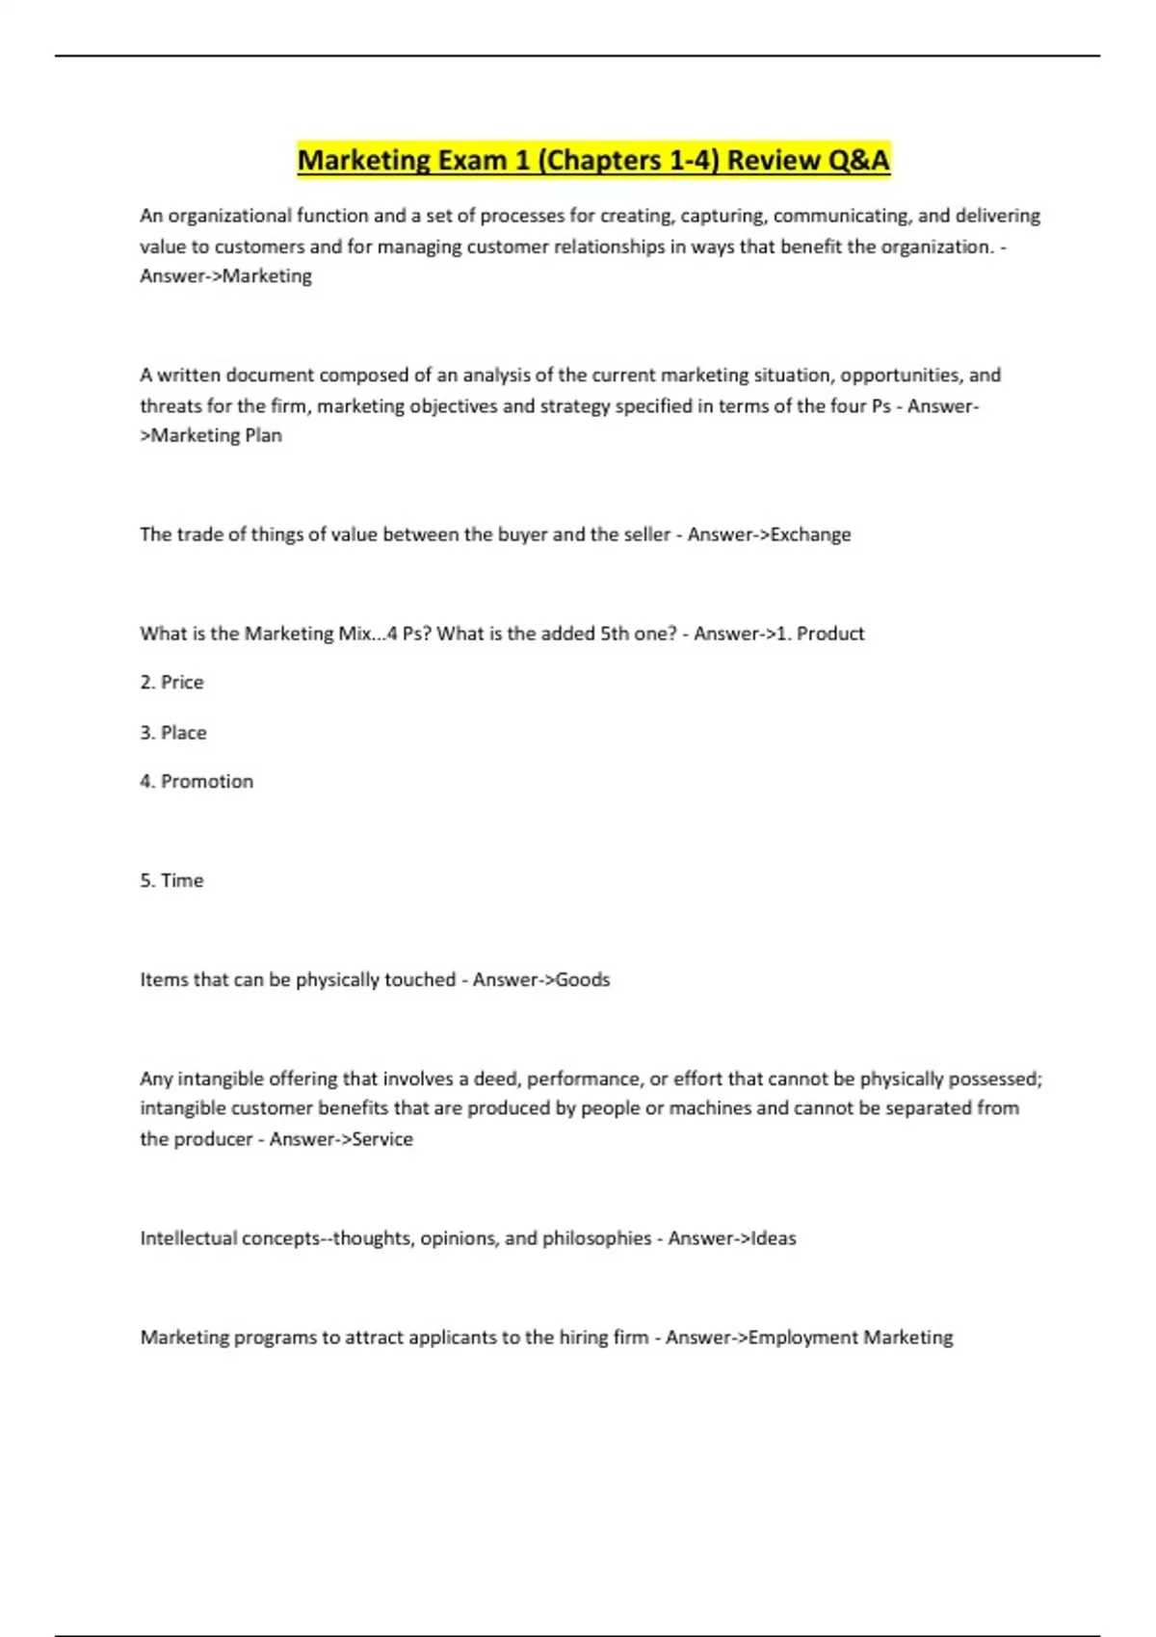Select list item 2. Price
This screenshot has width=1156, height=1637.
point(171,683)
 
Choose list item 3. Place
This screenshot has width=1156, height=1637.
point(173,733)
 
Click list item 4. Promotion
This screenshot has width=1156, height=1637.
point(197,782)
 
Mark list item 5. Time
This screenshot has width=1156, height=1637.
point(171,881)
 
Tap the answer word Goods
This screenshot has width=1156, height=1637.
point(583,980)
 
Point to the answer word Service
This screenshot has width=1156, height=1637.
point(382,1139)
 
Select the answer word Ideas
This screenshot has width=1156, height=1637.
point(773,1238)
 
